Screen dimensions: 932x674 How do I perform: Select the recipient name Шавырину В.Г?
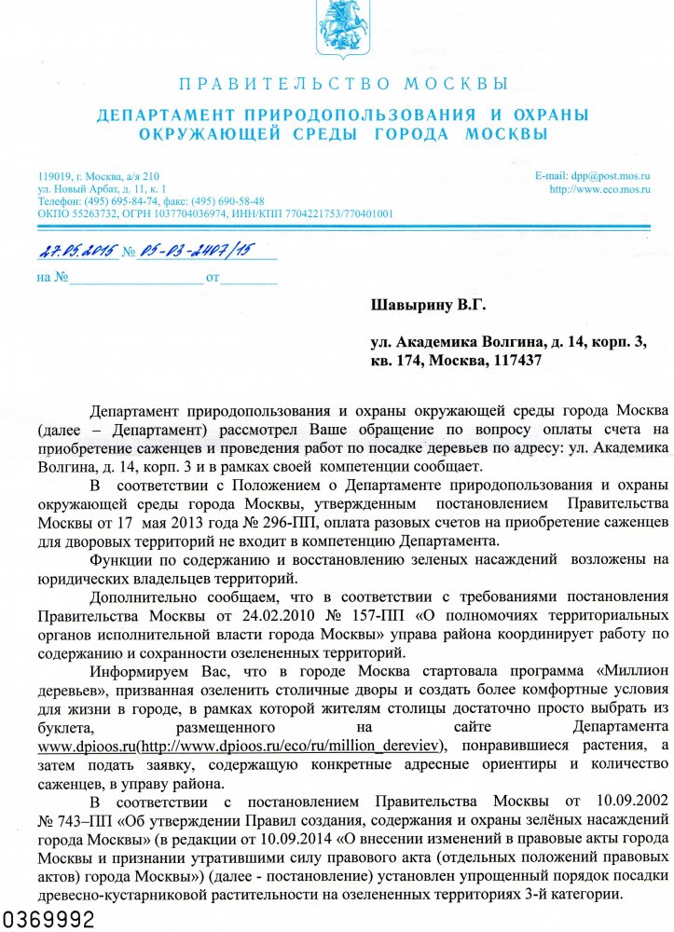click(x=429, y=305)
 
